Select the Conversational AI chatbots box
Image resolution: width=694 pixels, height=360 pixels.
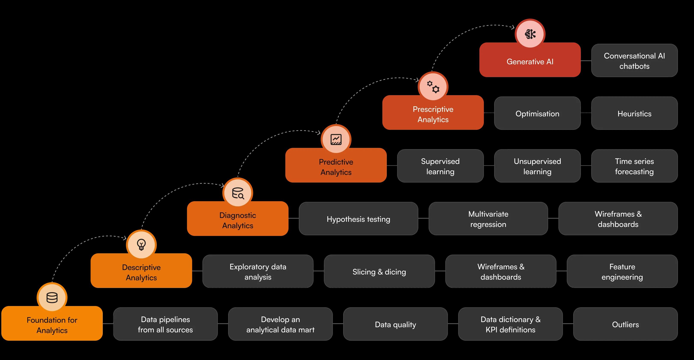tap(634, 60)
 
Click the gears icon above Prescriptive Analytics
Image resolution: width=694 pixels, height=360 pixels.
tap(433, 87)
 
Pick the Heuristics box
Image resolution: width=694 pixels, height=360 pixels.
tap(634, 113)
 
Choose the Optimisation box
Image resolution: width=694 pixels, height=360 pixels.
tap(537, 113)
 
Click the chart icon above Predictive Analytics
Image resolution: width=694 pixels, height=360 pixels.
tap(336, 139)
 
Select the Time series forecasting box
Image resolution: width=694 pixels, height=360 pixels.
tap(634, 166)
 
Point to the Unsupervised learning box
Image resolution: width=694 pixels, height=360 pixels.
tap(537, 166)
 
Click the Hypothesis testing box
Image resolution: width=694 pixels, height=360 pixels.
tap(359, 219)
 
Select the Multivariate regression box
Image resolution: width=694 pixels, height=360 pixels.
tap(488, 219)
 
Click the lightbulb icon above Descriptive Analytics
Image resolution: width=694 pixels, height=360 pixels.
tap(141, 245)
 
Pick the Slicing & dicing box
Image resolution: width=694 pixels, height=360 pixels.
tap(379, 271)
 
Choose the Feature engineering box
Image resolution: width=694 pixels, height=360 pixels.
tap(622, 271)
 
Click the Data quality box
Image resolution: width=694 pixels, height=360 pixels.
tap(395, 324)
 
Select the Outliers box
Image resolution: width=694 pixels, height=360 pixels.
tap(626, 324)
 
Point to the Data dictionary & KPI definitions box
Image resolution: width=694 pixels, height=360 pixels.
tap(510, 324)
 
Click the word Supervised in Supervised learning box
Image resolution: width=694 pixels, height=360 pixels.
tap(440, 161)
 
